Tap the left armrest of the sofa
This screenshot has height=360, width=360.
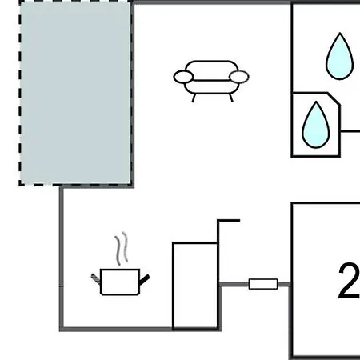coord(183,77)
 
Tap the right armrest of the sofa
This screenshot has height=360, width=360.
coord(239,77)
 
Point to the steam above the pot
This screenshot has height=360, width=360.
coord(122,248)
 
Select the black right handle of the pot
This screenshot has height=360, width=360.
coord(144,279)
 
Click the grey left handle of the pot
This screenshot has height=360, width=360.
coord(96,278)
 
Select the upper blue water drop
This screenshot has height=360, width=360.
coord(340,57)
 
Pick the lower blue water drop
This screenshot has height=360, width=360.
coord(316,125)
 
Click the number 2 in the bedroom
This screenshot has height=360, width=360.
coord(349,282)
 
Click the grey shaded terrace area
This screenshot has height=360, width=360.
coord(75,93)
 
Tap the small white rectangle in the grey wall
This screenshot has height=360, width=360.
coord(263,284)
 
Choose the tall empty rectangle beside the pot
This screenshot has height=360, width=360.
coord(195,286)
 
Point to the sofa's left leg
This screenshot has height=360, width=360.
coord(194,98)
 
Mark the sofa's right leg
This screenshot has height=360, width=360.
coord(231,98)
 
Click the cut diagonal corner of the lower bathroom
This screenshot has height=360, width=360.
coord(334,99)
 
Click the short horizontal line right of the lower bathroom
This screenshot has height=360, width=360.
coord(350,131)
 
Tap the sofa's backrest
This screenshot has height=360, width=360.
coord(211,70)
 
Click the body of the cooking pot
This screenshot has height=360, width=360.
coord(120,282)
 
